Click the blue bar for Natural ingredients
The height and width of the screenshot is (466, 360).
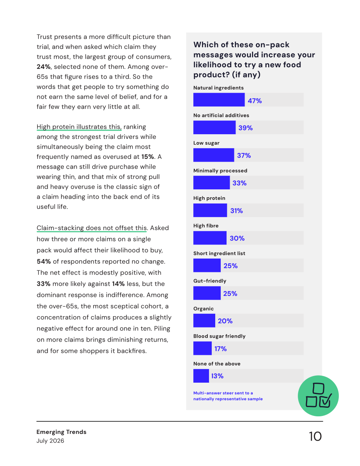point(219,100)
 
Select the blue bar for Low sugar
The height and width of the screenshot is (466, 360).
point(213,155)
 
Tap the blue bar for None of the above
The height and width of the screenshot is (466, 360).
point(201,376)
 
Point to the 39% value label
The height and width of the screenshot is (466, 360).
point(246,128)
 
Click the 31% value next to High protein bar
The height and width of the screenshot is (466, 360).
point(237,211)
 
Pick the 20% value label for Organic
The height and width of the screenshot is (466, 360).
point(225,321)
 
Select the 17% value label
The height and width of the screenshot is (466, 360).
point(221,349)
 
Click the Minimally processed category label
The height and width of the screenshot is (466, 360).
point(220,171)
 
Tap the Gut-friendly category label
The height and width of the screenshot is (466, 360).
point(210,281)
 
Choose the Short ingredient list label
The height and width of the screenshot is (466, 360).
point(219,253)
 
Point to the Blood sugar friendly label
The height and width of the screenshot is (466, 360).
point(220,336)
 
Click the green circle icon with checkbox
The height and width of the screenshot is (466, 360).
point(318,396)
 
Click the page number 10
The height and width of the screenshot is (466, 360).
point(315,436)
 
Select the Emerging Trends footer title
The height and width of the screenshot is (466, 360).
point(61,432)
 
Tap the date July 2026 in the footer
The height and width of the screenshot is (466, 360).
point(50,441)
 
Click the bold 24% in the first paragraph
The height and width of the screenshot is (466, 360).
point(43,67)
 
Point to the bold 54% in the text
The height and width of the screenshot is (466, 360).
point(44,261)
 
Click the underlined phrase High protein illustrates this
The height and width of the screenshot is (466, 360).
point(79,127)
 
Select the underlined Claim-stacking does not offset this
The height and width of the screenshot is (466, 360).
point(92,228)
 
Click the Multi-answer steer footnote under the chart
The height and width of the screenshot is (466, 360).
point(228,396)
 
